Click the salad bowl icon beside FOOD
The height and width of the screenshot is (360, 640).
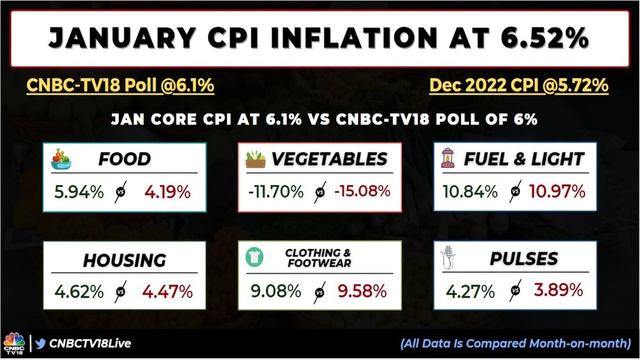(x=61, y=159)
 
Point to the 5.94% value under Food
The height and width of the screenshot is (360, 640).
(x=79, y=192)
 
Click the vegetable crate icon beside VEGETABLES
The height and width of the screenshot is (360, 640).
(x=256, y=159)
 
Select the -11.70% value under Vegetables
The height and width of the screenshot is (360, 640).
(x=276, y=191)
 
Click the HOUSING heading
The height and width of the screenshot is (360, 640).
(x=124, y=260)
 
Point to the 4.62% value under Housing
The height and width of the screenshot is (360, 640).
(x=79, y=292)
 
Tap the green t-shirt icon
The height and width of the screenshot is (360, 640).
(x=254, y=257)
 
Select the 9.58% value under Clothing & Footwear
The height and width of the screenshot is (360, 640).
(x=362, y=291)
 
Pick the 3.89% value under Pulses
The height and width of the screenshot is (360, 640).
(x=558, y=290)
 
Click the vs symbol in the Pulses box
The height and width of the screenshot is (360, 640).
(x=516, y=291)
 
